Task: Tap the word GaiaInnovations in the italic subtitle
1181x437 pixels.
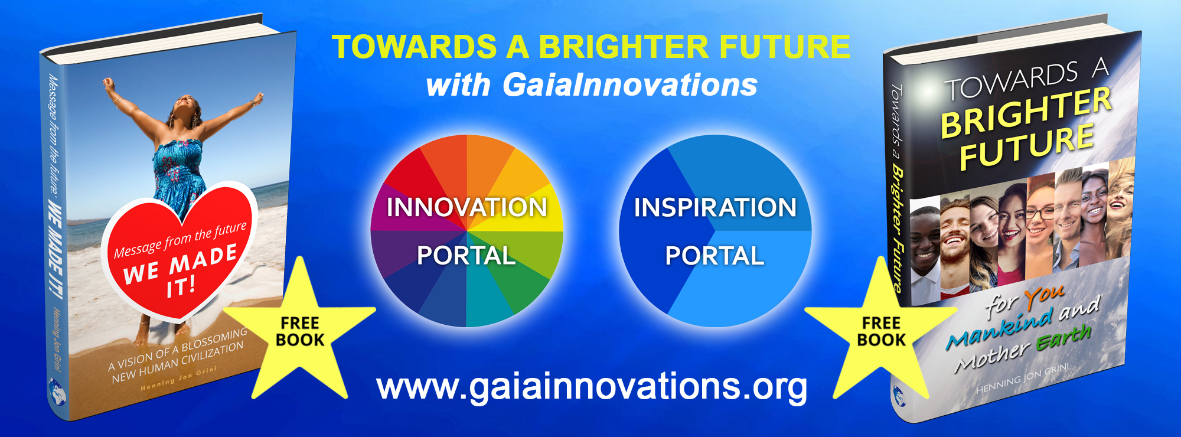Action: [x=630, y=84]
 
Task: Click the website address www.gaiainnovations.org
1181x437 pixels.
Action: [x=592, y=387]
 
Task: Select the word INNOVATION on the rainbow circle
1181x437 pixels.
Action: [x=466, y=207]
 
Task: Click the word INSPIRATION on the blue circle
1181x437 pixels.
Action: [x=715, y=207]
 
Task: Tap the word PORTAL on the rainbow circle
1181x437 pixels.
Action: [x=466, y=256]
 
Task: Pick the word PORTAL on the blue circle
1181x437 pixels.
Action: [x=715, y=256]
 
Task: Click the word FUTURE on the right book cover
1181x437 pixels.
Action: [x=1027, y=146]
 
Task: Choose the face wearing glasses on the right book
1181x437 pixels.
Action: [x=1040, y=218]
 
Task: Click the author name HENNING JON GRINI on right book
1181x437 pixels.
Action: [x=1022, y=379]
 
